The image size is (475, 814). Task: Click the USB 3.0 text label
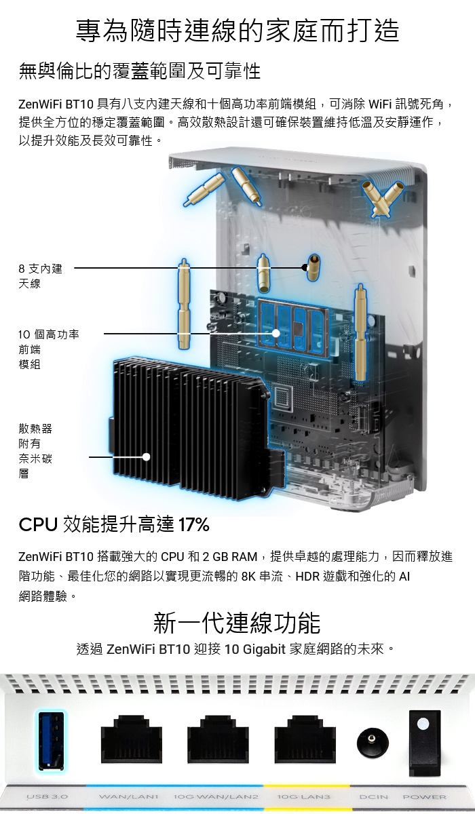tap(47, 796)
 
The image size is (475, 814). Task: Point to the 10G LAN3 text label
tap(303, 796)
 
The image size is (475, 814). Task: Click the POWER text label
tap(424, 796)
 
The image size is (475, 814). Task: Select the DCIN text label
tap(374, 796)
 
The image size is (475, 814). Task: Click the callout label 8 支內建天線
tap(40, 276)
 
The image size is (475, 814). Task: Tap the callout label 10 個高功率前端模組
tap(49, 349)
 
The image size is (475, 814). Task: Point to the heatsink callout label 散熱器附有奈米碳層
tap(35, 451)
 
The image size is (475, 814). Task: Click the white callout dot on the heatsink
tap(146, 457)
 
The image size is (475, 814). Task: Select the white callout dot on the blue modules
tap(276, 333)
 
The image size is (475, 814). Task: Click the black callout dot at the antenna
tap(305, 268)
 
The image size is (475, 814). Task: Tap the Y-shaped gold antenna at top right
tap(383, 198)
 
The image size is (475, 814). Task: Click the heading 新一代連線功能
tap(237, 623)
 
